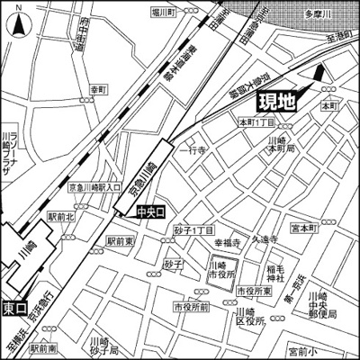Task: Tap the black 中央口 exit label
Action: [x=150, y=212]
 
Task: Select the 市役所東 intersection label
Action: [x=255, y=292]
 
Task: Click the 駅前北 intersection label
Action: [x=63, y=217]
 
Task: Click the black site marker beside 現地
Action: [x=319, y=79]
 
